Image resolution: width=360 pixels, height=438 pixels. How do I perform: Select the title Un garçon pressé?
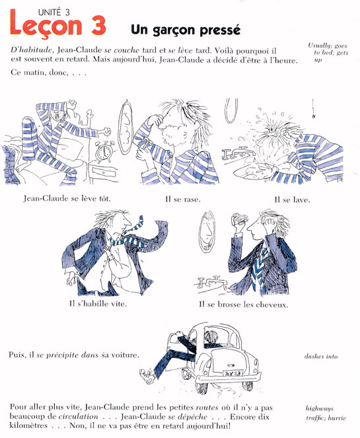pos(184,29)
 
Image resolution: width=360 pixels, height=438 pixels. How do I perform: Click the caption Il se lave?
pos(291,198)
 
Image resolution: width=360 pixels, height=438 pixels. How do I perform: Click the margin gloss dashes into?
pos(321,356)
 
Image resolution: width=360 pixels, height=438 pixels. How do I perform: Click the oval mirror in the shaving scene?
pos(126,135)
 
